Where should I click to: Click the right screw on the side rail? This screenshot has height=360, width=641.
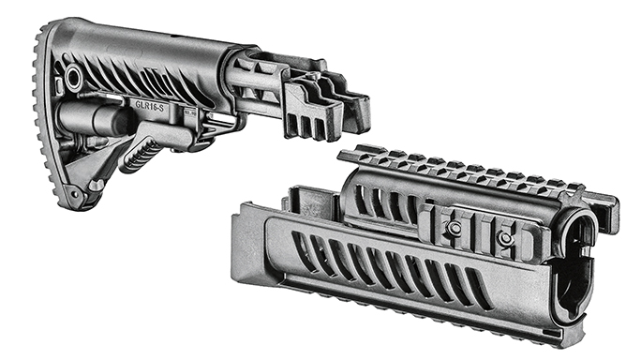[x=506, y=239]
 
